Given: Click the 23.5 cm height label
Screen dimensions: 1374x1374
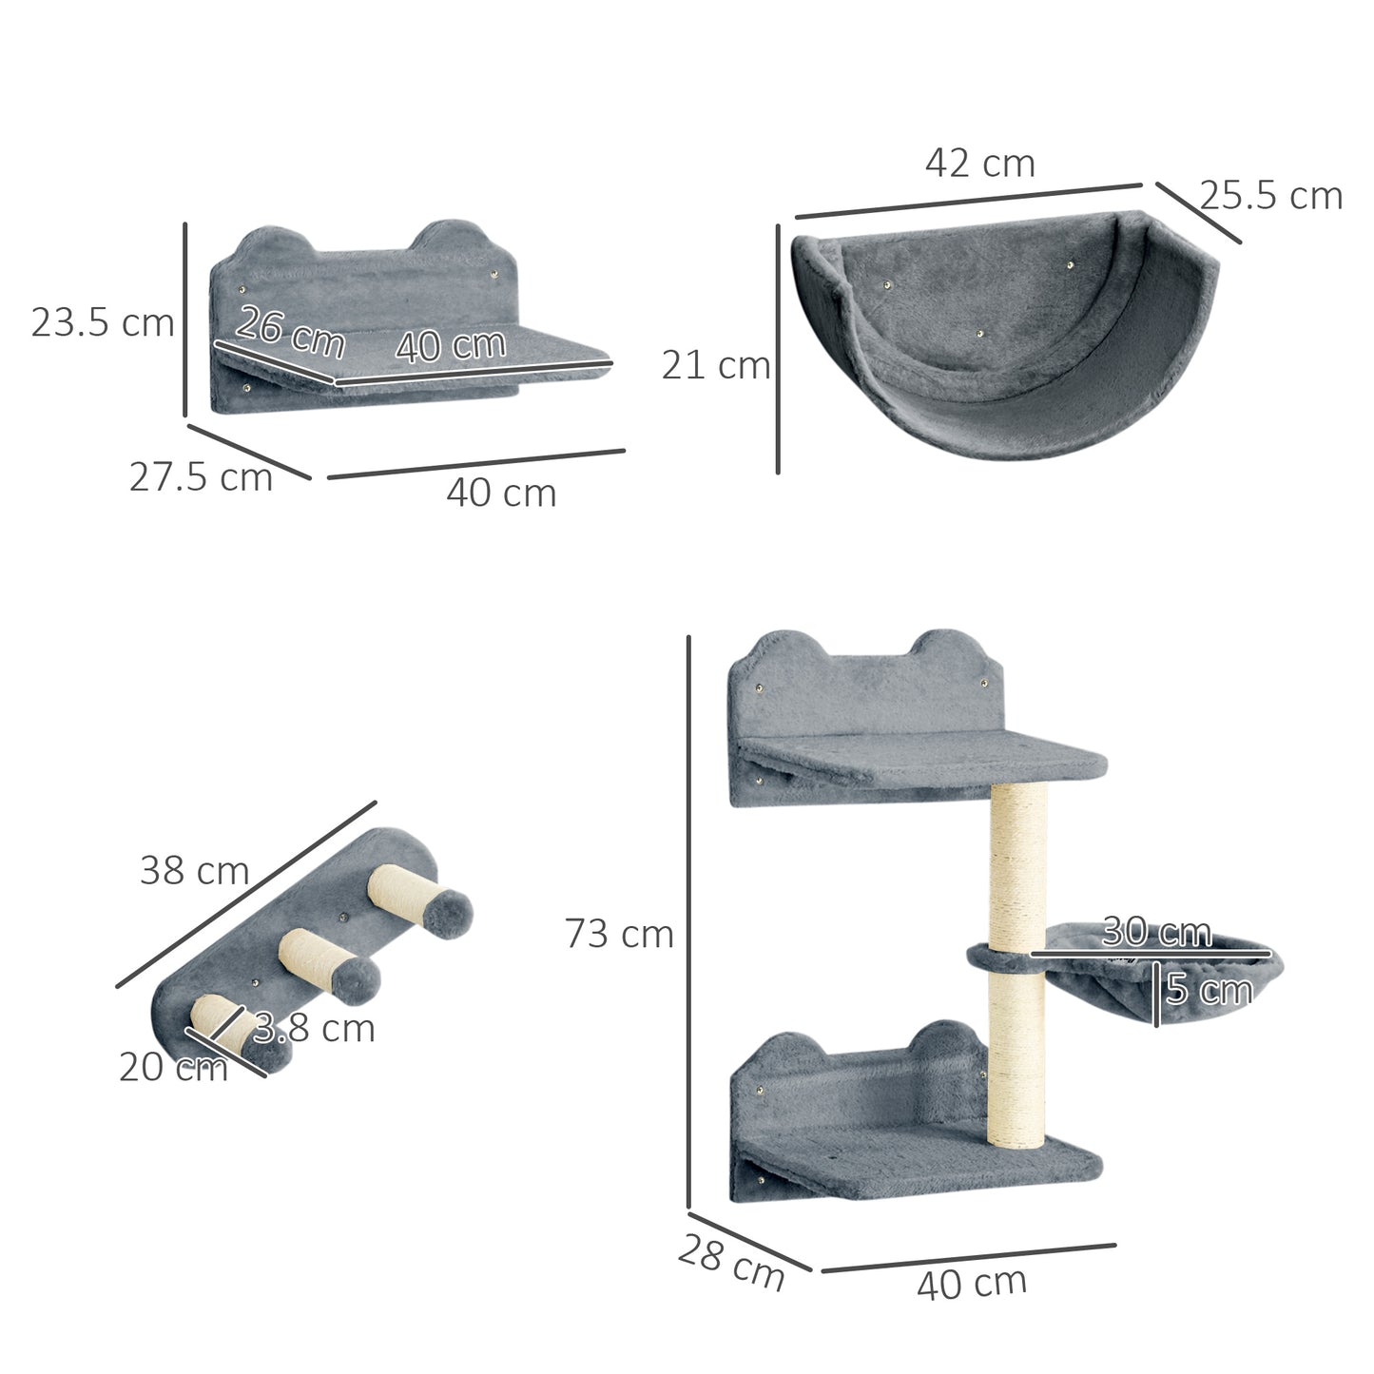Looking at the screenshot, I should point(103,323).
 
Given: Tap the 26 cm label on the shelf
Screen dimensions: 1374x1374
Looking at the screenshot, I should point(290,331).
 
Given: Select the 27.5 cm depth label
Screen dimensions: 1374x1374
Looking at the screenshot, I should point(201,476).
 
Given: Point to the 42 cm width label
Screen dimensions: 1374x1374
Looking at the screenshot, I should point(979,164).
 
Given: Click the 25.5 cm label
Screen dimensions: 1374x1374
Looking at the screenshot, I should point(1270,196).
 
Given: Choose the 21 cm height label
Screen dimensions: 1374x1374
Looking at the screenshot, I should point(715,365).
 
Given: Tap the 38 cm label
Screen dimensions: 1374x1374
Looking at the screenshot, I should point(194,870).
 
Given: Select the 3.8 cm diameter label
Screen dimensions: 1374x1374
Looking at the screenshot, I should point(314,1028).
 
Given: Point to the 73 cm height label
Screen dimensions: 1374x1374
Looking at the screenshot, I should point(619,934).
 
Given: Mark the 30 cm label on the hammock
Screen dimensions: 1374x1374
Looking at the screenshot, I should point(1156,932).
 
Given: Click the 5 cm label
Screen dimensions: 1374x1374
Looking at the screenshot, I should point(1209,991).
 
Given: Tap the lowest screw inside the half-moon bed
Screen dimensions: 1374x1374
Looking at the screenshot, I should point(980,334).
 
